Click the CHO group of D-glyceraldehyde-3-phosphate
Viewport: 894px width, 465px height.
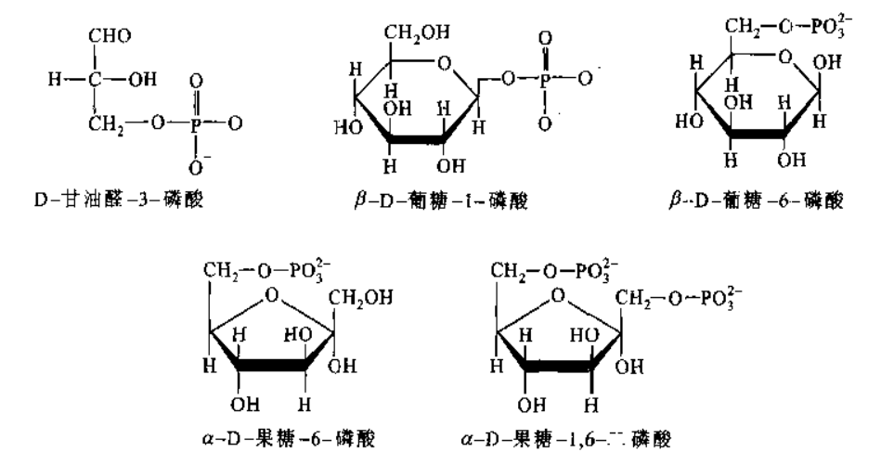click(110, 36)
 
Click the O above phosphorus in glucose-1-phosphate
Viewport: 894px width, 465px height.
click(545, 40)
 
